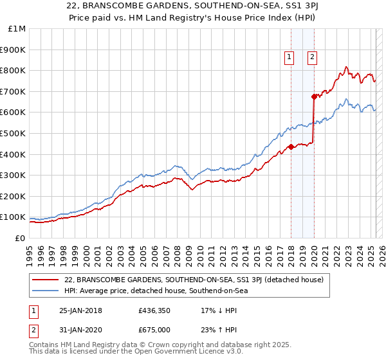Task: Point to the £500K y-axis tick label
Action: (12, 133)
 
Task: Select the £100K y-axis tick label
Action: (12, 217)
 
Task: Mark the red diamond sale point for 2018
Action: (291, 147)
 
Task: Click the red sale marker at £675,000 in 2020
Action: (314, 96)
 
